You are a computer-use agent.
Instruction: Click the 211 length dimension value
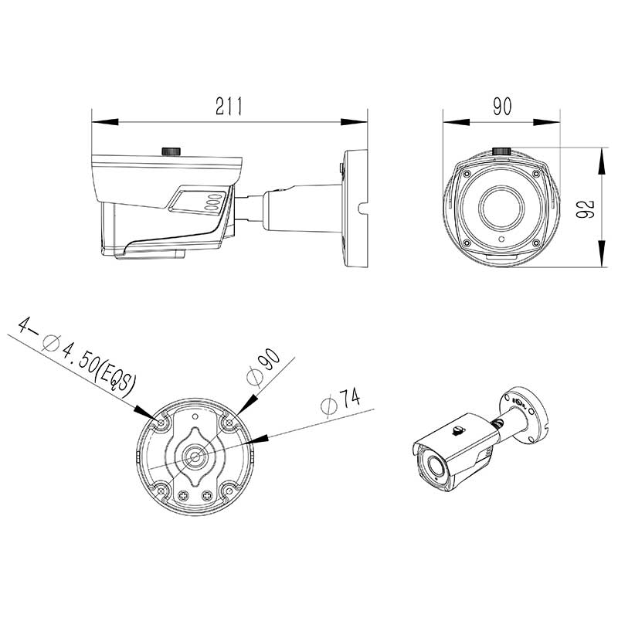[x=229, y=106]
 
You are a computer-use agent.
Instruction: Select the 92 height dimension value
[x=585, y=209]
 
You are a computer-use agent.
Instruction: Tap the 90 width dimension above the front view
[x=502, y=106]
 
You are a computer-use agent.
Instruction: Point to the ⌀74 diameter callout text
[x=340, y=401]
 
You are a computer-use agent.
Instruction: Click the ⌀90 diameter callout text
[x=263, y=366]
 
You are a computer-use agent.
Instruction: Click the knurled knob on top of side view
[x=171, y=151]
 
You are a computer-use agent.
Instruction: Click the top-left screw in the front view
[x=467, y=174]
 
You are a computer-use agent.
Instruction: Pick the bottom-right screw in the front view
[x=535, y=243]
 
